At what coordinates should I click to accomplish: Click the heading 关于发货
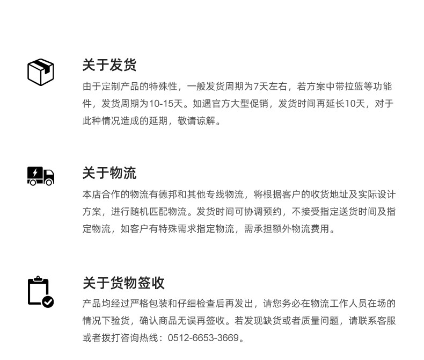coord(109,65)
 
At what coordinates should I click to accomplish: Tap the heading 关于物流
coord(109,173)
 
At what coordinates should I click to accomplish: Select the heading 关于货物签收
coord(123,283)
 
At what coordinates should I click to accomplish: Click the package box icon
coord(41,72)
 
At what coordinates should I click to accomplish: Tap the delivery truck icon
coord(41,176)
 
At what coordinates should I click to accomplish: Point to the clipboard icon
coord(39,291)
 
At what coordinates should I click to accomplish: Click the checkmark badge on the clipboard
coord(48,302)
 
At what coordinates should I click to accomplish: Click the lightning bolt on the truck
coord(35,173)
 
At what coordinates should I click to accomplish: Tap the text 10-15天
coord(167,104)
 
